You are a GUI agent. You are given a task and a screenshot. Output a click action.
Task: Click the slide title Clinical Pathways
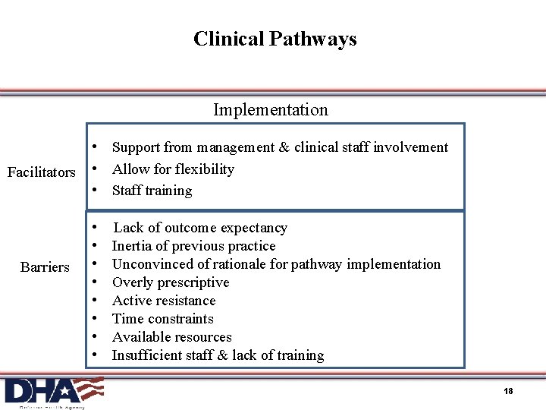coord(275,39)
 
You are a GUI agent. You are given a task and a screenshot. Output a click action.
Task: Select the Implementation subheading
coord(271,110)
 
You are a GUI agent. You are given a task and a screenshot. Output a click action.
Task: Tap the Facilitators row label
coord(42,172)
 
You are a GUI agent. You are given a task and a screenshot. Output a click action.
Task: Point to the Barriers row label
coord(45,267)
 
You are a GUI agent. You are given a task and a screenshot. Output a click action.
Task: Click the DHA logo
coord(53,391)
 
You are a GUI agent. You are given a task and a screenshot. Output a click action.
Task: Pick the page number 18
coord(508,391)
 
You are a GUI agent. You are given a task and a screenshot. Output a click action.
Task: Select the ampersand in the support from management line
coord(284,147)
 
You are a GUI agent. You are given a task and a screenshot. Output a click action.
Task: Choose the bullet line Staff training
coord(152,191)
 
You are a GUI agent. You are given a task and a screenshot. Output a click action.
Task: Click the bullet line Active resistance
coord(164,301)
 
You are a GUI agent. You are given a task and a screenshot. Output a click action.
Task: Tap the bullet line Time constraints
coord(162,319)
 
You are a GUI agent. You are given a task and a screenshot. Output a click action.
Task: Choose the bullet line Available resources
coord(171,337)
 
